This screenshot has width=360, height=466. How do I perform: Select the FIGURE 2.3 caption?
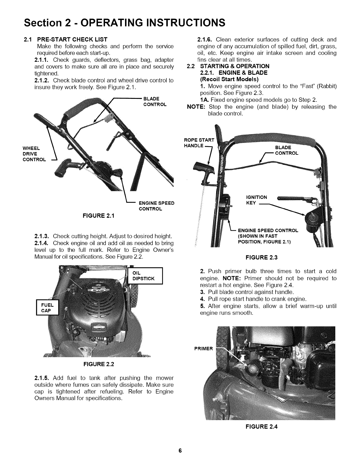(x=261, y=257)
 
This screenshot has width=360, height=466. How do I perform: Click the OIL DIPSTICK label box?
(x=144, y=276)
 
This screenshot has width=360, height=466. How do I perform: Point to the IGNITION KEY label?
(x=256, y=200)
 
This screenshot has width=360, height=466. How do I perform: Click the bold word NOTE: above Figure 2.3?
(x=196, y=106)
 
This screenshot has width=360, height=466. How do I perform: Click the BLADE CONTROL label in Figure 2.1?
(x=155, y=101)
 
